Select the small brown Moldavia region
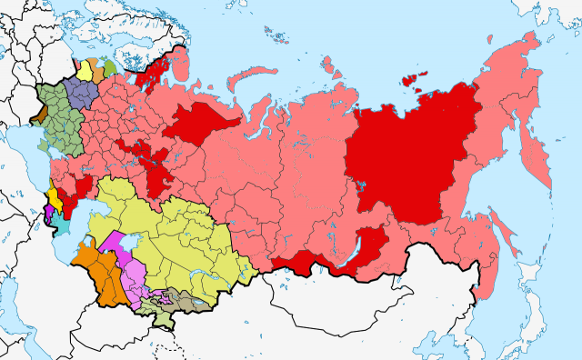pyautogui.click(x=39, y=114)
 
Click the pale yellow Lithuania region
pyautogui.click(x=85, y=71)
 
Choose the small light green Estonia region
pyautogui.click(x=110, y=66)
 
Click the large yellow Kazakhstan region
pyautogui.click(x=173, y=227)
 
